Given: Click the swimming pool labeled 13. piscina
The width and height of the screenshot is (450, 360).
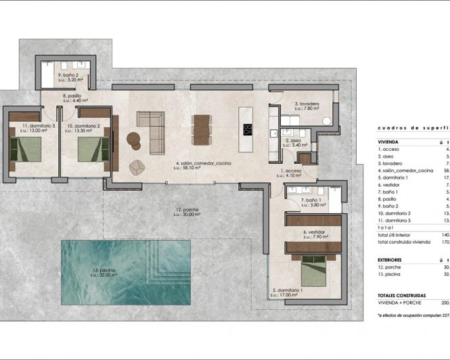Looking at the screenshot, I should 115,271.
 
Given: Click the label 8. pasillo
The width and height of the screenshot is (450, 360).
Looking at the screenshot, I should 72,97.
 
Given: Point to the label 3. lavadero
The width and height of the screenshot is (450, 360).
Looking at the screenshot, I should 307,104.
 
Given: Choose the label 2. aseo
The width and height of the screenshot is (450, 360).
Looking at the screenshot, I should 295,141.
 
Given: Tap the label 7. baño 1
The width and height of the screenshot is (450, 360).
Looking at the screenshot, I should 312,201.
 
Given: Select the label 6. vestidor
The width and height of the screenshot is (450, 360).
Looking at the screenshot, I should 314,232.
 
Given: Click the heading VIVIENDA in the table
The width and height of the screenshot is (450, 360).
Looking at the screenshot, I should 390,142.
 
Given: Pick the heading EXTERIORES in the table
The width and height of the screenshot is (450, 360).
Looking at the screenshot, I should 392,259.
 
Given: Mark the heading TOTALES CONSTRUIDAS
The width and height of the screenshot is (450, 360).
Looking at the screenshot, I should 402,296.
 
